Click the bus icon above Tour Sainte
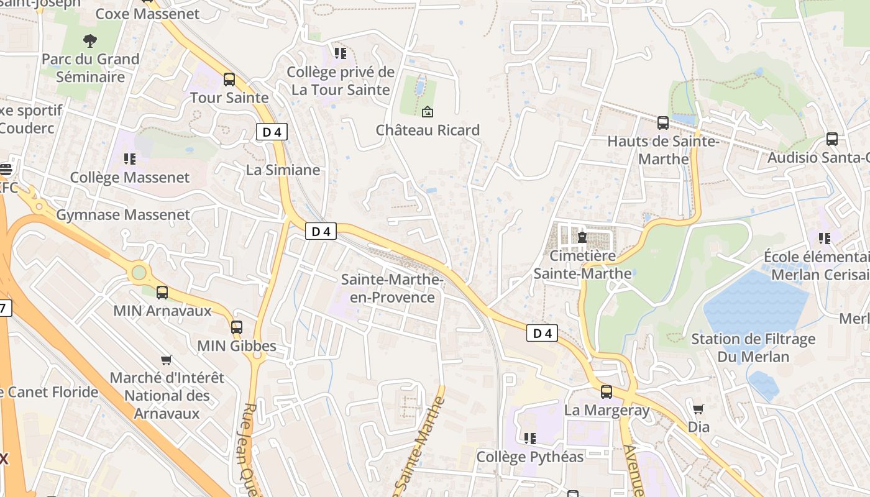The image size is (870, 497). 229,80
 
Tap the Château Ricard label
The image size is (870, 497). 428,130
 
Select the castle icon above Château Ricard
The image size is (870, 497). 428,112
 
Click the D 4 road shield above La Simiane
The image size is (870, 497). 272,132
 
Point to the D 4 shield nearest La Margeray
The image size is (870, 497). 543,334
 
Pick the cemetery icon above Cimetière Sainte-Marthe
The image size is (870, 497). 582,237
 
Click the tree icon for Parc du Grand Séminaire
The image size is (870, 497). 90,42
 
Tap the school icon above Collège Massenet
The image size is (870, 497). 129,159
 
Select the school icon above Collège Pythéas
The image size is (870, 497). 529,439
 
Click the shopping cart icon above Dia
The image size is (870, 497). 698,409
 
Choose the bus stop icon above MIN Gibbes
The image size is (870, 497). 237,327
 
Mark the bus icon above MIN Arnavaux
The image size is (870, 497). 162,292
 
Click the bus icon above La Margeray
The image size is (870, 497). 607,392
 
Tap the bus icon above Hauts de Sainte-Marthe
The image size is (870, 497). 663,123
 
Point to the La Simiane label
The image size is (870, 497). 283,170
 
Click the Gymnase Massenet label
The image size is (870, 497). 123,215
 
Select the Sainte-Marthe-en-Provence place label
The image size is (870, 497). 392,289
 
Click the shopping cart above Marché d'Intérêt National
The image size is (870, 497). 166,360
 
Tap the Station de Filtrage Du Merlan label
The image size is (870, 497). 753,348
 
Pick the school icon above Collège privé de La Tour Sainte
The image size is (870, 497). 340,53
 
